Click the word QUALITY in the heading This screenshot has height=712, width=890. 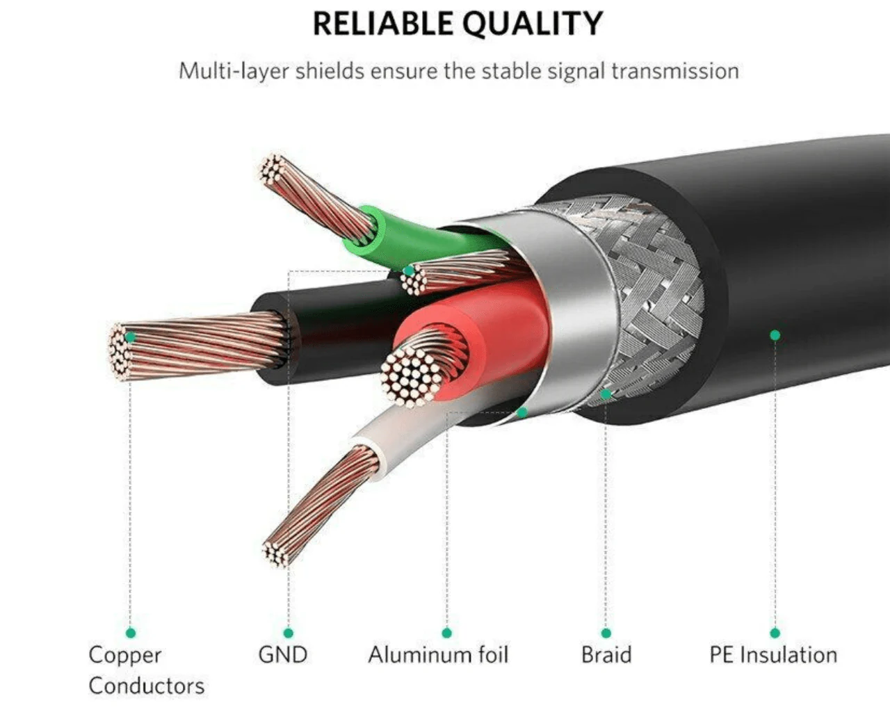pyautogui.click(x=533, y=24)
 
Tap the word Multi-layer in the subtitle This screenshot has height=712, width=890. pyautogui.click(x=234, y=72)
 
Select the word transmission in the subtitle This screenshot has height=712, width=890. pyautogui.click(x=675, y=71)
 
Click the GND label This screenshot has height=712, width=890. pyautogui.click(x=283, y=655)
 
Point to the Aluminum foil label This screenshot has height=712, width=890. pyautogui.click(x=438, y=654)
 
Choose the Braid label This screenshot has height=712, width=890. pyautogui.click(x=606, y=654)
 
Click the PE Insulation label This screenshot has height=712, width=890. pyautogui.click(x=773, y=655)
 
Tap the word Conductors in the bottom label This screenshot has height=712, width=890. pyautogui.click(x=147, y=686)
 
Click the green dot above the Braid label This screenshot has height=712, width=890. pyautogui.click(x=606, y=633)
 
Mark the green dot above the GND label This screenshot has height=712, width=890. pyautogui.click(x=289, y=633)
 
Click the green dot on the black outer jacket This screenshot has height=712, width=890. pyautogui.click(x=775, y=335)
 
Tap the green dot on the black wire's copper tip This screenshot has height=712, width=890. pyautogui.click(x=130, y=337)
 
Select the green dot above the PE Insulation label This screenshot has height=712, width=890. pyautogui.click(x=775, y=633)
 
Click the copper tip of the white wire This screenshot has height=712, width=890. pyautogui.click(x=277, y=554)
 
